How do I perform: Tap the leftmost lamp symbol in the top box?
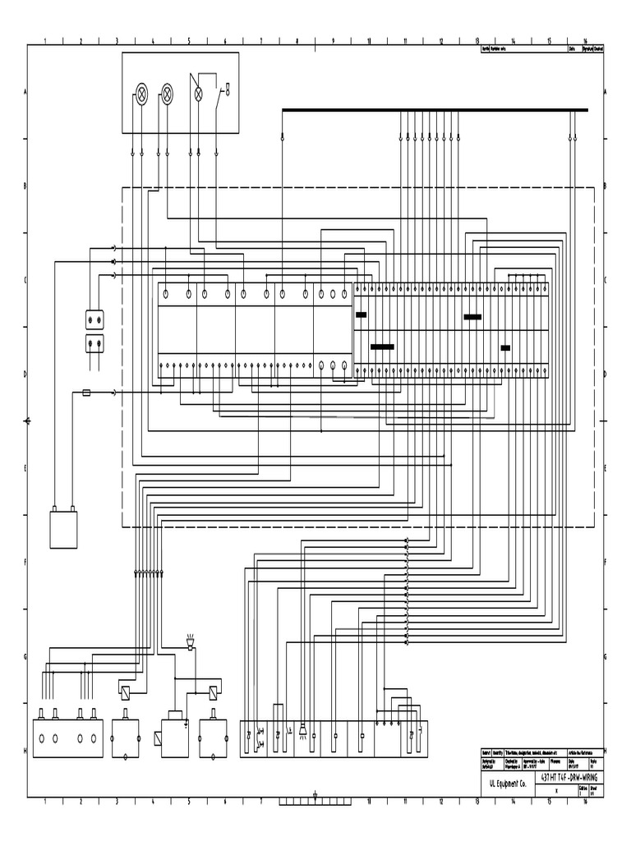pos(141,94)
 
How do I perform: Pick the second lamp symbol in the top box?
pos(167,94)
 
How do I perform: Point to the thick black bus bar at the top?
pos(435,109)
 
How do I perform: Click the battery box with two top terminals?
pos(63,530)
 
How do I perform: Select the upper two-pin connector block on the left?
pos(95,318)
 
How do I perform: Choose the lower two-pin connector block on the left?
pos(95,342)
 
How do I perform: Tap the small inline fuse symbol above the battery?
pos(87,393)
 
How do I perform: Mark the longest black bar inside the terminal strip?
pos(382,347)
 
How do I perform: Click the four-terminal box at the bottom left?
pos(67,738)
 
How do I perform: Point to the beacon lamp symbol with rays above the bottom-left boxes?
pos(191,641)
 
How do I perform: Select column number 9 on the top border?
pos(333,40)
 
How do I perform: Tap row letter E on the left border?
pos(25,468)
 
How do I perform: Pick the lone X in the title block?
pos(556,790)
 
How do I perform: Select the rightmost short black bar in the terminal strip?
pos(505,347)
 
